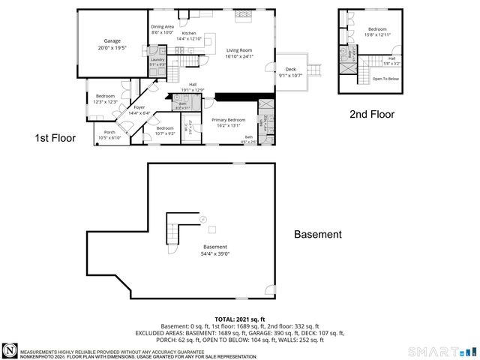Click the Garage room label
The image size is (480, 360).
(112, 41)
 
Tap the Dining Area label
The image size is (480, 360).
(162, 27)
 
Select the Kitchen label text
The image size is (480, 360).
(188, 34)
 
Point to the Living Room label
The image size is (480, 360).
(240, 50)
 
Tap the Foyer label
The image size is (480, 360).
(139, 107)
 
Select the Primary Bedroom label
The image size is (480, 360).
(228, 120)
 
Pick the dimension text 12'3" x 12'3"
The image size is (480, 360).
(106, 102)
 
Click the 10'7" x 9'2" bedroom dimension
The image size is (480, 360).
(165, 133)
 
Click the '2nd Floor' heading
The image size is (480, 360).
(372, 115)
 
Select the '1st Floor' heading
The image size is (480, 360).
(55, 138)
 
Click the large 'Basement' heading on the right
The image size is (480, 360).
(317, 235)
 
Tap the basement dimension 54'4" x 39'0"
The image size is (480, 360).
(215, 253)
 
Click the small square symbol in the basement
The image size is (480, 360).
(212, 229)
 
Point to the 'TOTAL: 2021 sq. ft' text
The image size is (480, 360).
(239, 319)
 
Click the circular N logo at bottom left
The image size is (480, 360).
(10, 350)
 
